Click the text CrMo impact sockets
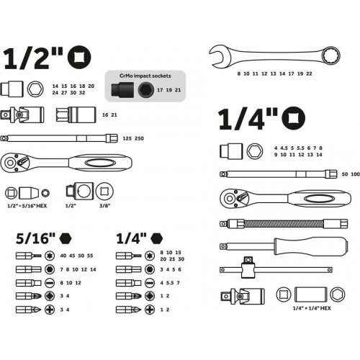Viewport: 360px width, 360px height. tap(145, 76)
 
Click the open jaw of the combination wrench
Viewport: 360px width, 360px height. tap(218, 56)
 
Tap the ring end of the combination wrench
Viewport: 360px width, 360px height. tap(331, 56)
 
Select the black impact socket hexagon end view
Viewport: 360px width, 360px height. tap(146, 90)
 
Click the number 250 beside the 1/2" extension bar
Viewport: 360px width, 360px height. tap(139, 138)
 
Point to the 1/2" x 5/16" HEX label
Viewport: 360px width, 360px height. tap(27, 206)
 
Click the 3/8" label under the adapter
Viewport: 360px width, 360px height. tap(104, 206)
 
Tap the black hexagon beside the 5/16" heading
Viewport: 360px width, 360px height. tap(66, 238)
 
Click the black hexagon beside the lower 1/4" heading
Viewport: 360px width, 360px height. tap(157, 238)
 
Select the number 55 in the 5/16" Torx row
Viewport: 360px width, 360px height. tap(90, 256)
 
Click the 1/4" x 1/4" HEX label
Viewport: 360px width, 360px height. tap(312, 308)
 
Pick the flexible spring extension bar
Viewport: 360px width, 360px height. tap(284, 224)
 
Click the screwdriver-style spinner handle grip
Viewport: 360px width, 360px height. tap(311, 246)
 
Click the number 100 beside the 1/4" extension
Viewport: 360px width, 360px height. tap(356, 174)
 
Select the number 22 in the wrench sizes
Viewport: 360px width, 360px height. tap(309, 73)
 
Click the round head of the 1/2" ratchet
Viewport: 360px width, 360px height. tap(11, 163)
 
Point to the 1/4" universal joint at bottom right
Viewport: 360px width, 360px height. tap(243, 297)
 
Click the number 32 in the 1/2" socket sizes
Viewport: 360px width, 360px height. tap(82, 93)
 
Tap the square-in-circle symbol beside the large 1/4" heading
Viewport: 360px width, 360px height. tap(293, 118)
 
